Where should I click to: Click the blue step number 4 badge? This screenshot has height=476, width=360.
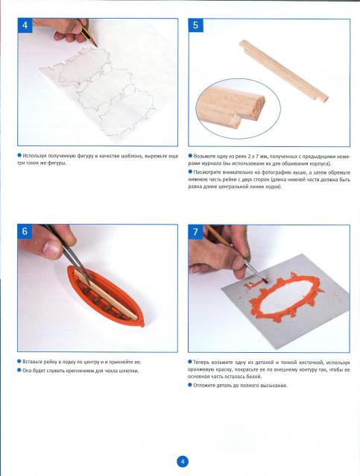25,25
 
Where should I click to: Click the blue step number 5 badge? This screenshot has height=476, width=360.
195,25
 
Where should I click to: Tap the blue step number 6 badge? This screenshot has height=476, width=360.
25,231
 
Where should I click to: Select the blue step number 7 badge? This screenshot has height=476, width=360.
195,232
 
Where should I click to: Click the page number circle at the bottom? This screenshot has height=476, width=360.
183,462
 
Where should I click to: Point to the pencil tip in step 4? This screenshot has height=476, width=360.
97,47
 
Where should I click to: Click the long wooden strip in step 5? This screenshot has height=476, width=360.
283,71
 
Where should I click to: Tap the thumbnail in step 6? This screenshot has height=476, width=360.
52,248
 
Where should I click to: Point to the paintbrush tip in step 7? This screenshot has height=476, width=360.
266,281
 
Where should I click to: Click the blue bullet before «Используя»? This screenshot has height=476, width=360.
19,156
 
